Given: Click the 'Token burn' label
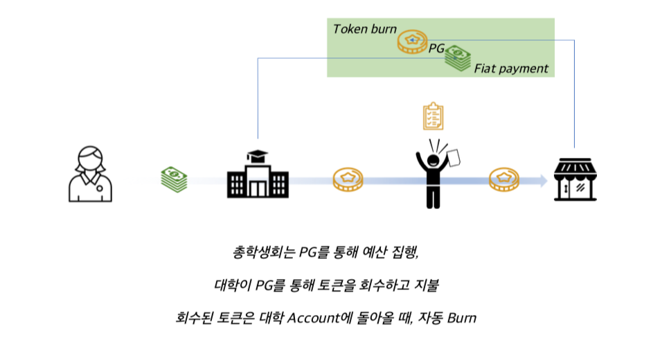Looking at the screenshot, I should (x=365, y=29).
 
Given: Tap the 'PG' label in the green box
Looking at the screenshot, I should (x=436, y=48).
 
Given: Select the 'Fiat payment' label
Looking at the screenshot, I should (x=511, y=69).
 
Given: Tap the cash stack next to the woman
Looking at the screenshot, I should (x=174, y=179).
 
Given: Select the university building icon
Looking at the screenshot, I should (x=257, y=179).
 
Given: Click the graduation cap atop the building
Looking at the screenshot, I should (x=258, y=155).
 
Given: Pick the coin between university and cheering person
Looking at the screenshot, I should (x=348, y=180).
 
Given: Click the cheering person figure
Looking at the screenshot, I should (x=433, y=173).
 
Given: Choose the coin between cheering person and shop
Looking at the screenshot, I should (x=504, y=180).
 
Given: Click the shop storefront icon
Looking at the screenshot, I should (x=576, y=179).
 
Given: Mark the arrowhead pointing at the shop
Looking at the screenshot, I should (x=542, y=180).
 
